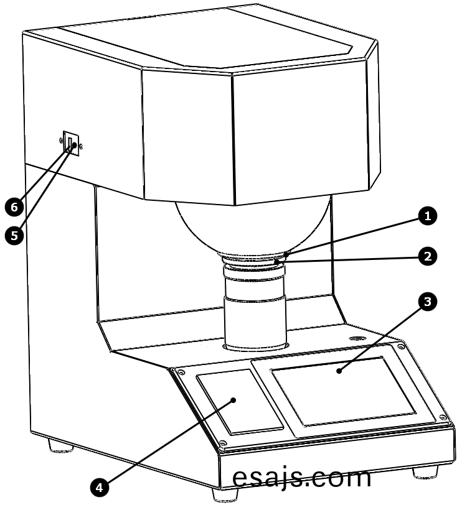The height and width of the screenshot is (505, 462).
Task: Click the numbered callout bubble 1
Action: click(x=428, y=216)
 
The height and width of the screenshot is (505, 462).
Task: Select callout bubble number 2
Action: click(x=428, y=257)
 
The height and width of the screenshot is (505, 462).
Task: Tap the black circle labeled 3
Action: click(x=428, y=302)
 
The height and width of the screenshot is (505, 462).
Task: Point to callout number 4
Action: click(x=99, y=488)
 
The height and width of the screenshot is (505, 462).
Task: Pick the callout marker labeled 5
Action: click(x=14, y=236)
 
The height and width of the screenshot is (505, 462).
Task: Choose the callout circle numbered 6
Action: click(x=14, y=207)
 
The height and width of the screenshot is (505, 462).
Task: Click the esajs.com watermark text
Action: click(x=301, y=479)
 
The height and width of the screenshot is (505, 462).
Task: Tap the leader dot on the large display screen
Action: click(x=339, y=371)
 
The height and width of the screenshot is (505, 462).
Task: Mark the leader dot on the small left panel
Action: click(x=233, y=400)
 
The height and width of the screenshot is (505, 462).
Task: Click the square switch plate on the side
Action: click(x=71, y=144)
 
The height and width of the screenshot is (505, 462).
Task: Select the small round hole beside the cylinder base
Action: click(x=357, y=338)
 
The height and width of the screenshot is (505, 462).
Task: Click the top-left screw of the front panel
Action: click(x=181, y=373)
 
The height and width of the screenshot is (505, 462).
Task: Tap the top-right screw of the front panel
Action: click(x=400, y=346)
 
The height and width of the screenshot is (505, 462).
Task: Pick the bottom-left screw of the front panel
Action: click(x=222, y=443)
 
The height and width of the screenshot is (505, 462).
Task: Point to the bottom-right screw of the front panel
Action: click(x=443, y=418)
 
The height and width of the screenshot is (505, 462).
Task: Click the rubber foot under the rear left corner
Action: click(x=60, y=446)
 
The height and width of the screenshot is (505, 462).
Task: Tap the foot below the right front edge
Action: click(x=425, y=472)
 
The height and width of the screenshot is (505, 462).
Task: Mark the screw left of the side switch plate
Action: click(x=60, y=140)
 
